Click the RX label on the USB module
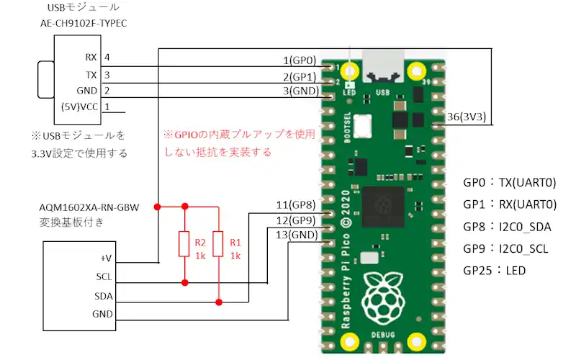[x=91, y=57]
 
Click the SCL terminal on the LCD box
[x=104, y=276]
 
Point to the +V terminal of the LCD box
[x=106, y=257]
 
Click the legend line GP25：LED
[x=495, y=271]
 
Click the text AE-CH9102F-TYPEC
[x=84, y=23]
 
